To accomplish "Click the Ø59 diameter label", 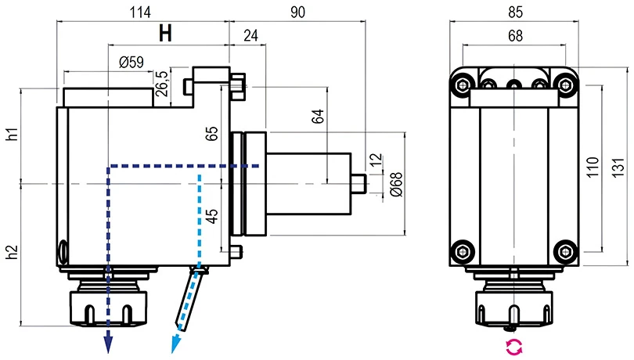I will [x=130, y=63].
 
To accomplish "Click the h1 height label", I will [x=11, y=134].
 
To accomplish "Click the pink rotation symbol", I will [x=512, y=347].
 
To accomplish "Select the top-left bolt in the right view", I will [x=463, y=81].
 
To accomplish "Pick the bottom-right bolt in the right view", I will [x=563, y=251].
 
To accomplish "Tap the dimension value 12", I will [x=375, y=160].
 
